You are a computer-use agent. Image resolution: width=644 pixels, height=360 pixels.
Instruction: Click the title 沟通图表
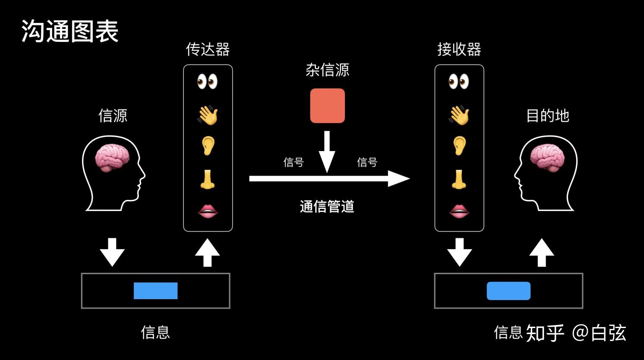click(x=70, y=32)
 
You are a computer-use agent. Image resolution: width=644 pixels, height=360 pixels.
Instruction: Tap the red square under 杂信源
click(x=327, y=106)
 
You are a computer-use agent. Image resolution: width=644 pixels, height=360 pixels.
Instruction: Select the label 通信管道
click(x=327, y=206)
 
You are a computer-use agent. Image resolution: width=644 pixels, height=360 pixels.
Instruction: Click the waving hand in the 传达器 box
click(x=208, y=116)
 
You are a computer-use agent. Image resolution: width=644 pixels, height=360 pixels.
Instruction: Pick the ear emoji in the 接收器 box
click(x=459, y=145)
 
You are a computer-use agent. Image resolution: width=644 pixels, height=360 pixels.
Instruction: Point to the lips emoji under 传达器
click(x=208, y=211)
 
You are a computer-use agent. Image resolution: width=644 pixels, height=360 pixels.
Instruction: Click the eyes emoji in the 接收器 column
click(x=459, y=81)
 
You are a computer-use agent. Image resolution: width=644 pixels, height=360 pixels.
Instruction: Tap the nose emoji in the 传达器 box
click(x=208, y=179)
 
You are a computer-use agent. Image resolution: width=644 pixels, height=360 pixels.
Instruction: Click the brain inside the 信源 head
click(x=112, y=158)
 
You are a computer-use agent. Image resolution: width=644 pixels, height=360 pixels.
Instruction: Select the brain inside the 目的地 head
click(x=547, y=158)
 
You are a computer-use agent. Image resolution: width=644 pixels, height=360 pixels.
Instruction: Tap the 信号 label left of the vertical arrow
click(x=294, y=162)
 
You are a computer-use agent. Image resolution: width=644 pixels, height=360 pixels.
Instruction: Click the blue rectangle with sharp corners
click(x=155, y=291)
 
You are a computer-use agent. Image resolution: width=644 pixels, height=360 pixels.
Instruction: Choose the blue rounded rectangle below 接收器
click(x=508, y=291)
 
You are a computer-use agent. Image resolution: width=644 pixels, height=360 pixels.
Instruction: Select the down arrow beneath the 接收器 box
click(x=459, y=252)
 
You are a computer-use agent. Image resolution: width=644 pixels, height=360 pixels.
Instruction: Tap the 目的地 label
click(x=547, y=116)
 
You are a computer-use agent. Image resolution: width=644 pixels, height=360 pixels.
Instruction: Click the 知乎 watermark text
click(x=545, y=333)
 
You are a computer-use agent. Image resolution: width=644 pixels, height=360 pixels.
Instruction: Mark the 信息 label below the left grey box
click(x=155, y=332)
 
